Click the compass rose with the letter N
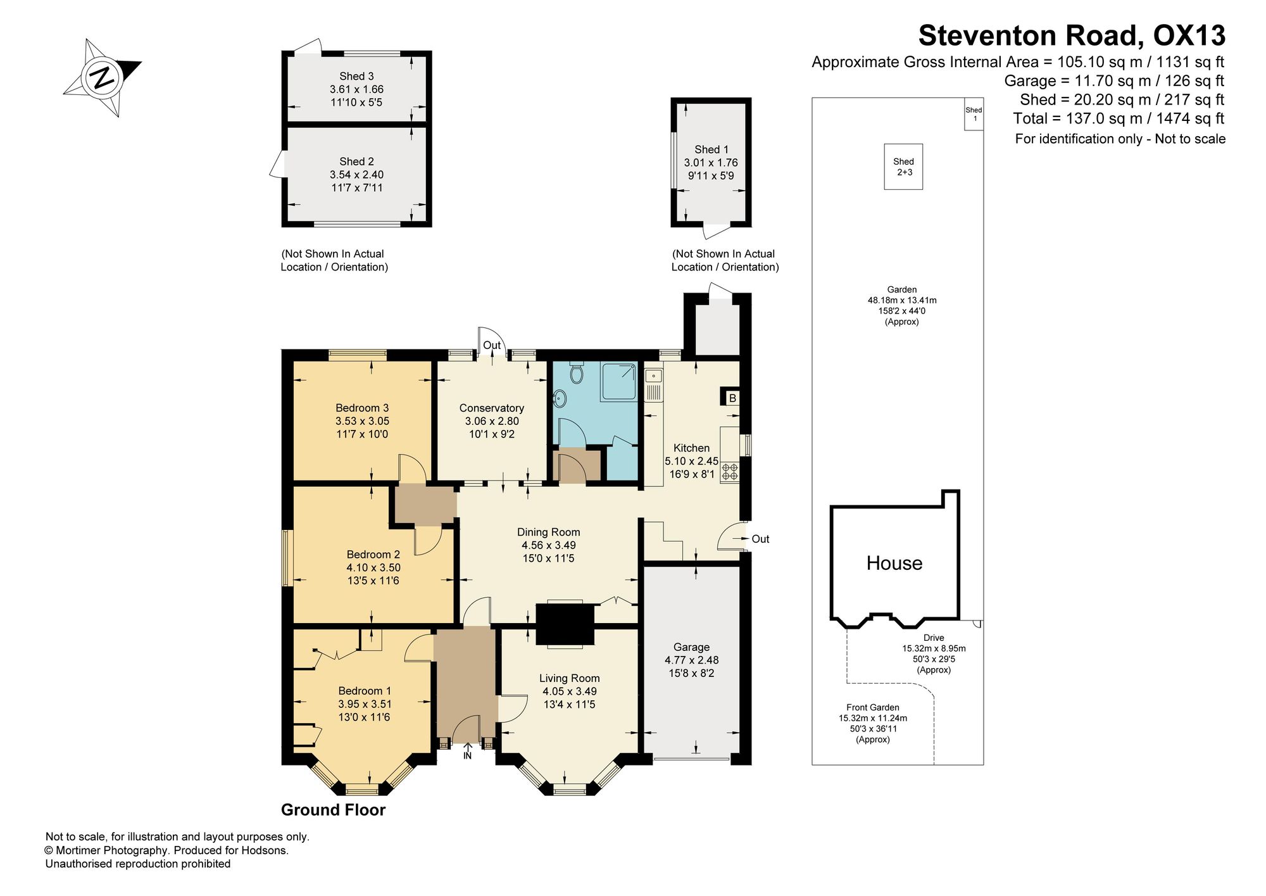click(103, 78)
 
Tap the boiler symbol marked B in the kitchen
click(732, 398)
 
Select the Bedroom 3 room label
click(362, 408)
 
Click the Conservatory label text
click(492, 408)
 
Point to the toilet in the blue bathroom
click(576, 373)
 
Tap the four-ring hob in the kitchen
click(730, 471)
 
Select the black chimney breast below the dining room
click(565, 624)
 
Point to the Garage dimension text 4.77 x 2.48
click(691, 660)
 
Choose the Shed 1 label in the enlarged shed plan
click(711, 149)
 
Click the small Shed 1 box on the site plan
click(974, 114)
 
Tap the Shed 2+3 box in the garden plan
click(903, 167)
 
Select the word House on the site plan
click(894, 563)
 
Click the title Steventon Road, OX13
click(1072, 35)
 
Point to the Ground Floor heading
click(333, 810)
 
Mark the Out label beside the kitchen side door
click(760, 539)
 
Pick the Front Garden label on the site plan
click(873, 707)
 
